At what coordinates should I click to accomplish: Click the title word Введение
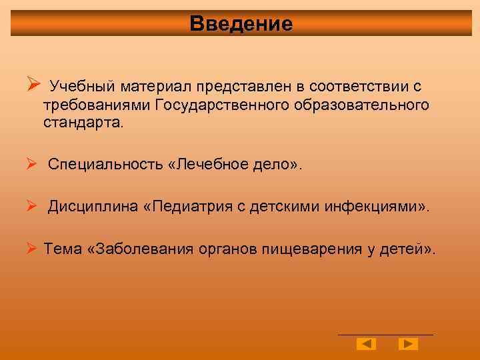tap(241, 24)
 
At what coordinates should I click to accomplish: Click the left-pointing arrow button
tap(366, 344)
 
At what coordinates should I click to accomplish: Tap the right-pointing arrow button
tap(408, 344)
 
